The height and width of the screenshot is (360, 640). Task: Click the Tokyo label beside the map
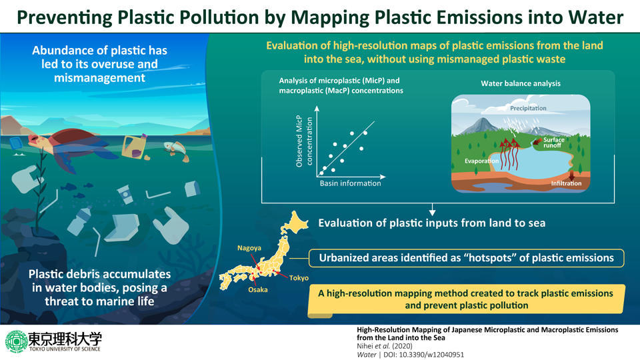point(299,278)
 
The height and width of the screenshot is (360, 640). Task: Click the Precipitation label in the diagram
point(528,108)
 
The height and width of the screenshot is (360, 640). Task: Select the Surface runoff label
point(554,142)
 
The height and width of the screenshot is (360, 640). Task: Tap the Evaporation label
point(483,161)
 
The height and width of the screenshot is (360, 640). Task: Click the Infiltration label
point(566,183)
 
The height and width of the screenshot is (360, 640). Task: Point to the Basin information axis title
point(350,183)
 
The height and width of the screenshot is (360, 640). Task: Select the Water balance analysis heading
point(520,84)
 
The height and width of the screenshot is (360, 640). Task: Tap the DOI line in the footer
point(413,355)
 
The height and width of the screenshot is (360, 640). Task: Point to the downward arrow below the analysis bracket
point(433,208)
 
